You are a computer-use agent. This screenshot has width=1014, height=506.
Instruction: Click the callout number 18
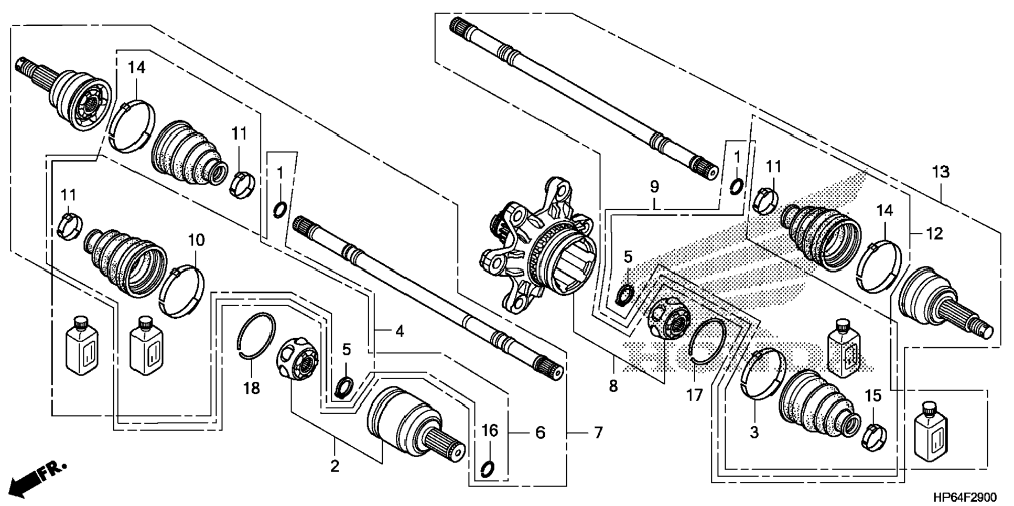pyautogui.click(x=252, y=389)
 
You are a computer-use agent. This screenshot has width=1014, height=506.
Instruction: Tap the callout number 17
pyautogui.click(x=694, y=395)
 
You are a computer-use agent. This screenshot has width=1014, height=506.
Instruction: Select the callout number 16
pyautogui.click(x=490, y=431)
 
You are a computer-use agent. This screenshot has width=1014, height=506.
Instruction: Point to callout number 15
pyautogui.click(x=873, y=396)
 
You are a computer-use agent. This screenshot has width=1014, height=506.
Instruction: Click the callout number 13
pyautogui.click(x=941, y=171)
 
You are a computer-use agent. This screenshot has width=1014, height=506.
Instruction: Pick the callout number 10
pyautogui.click(x=196, y=240)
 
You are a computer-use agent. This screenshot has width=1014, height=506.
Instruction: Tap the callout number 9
pyautogui.click(x=654, y=186)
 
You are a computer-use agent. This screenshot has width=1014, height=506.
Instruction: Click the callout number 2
pyautogui.click(x=335, y=466)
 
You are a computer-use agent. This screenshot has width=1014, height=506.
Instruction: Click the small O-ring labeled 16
pyautogui.click(x=487, y=467)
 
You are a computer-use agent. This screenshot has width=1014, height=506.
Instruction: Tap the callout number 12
pyautogui.click(x=934, y=233)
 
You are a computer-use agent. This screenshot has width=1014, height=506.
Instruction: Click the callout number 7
pyautogui.click(x=598, y=433)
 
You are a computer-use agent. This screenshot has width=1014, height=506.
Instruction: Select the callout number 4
pyautogui.click(x=400, y=331)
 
